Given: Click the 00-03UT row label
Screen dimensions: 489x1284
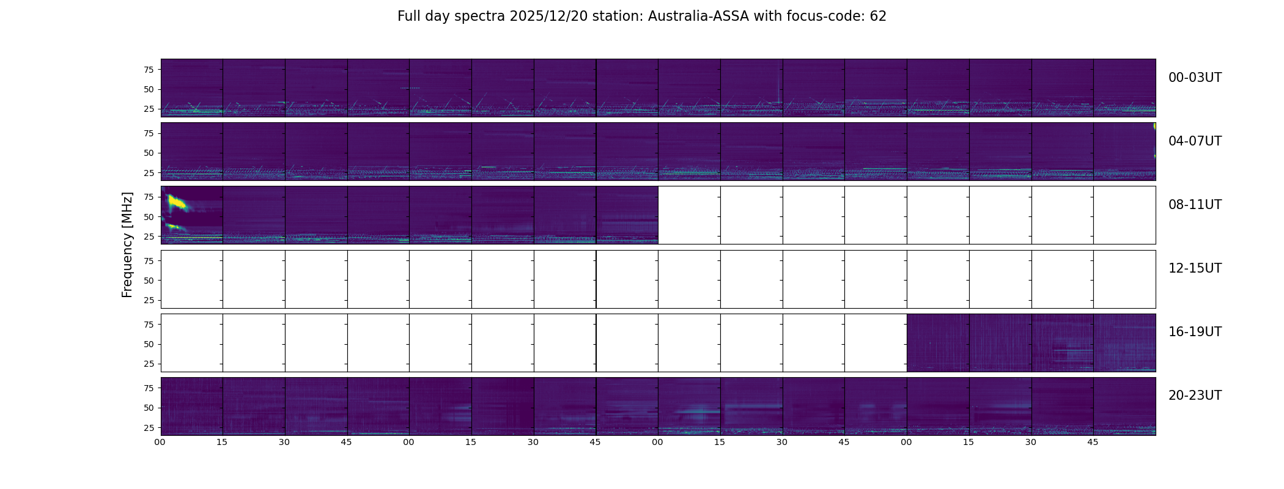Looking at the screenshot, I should [x=1195, y=78].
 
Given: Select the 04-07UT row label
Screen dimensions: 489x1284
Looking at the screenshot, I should [x=1195, y=141].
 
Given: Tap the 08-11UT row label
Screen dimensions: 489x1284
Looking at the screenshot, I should [x=1195, y=205].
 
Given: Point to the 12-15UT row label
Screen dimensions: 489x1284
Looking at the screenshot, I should [x=1195, y=268].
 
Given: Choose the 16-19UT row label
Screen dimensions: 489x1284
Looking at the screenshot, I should [x=1195, y=332].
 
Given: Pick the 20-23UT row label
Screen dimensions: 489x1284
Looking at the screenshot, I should [x=1195, y=395].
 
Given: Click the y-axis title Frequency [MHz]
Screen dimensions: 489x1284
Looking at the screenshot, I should [x=127, y=244].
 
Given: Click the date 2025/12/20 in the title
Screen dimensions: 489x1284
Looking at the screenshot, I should [x=552, y=17].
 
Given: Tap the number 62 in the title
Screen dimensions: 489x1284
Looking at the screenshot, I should [x=878, y=17].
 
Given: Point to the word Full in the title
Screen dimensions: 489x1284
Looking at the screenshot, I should [x=409, y=17].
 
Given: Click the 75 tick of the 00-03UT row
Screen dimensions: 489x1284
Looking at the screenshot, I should [x=149, y=70].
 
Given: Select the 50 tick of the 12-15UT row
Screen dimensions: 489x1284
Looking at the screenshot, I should [x=149, y=281].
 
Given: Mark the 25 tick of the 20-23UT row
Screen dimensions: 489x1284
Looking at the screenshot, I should [x=149, y=427].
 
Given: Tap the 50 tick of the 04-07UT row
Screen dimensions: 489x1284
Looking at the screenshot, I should [x=149, y=153].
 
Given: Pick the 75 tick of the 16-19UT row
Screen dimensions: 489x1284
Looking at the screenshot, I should [x=149, y=325].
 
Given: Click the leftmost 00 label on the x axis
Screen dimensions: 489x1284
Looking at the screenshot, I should [x=160, y=442].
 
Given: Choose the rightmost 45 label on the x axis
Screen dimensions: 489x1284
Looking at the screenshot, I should [x=1093, y=442].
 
